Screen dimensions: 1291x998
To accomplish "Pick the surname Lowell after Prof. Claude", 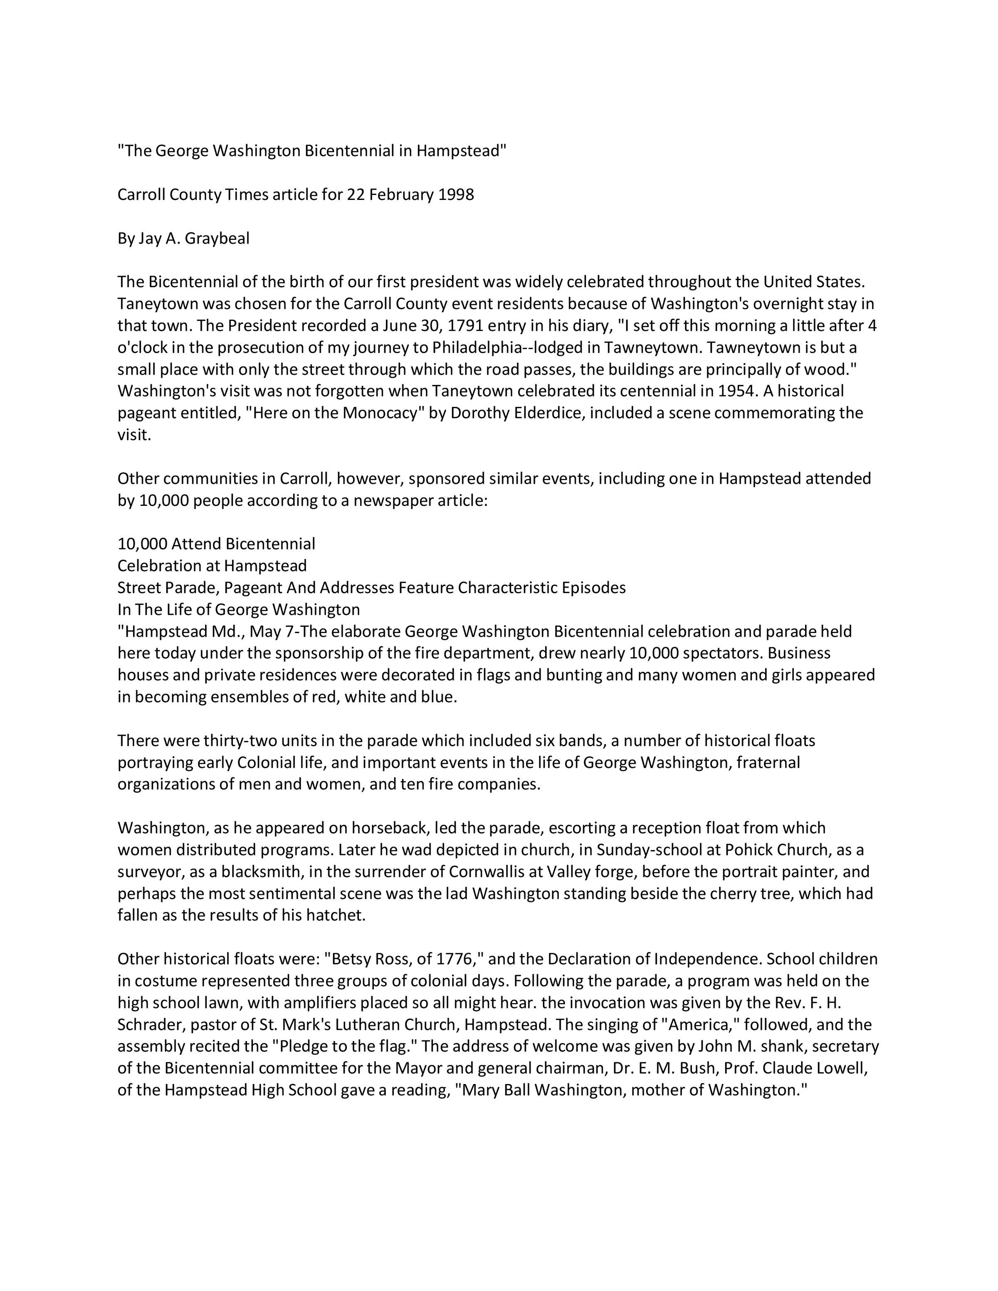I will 841,1068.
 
